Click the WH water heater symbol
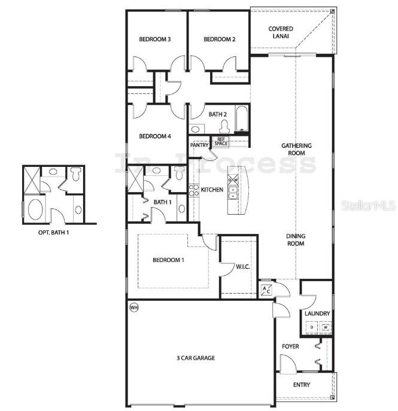pos(133,308)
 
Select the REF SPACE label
pos(222,142)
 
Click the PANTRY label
pos(199,145)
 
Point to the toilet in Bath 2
pos(224,126)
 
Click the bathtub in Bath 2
pos(241,118)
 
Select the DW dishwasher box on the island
pos(233,179)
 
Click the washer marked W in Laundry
pos(325,327)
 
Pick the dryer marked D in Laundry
pos(311,327)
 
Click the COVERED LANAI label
pos(280,32)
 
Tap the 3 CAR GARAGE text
pos(195,358)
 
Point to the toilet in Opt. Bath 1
pos(75,175)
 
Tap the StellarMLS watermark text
pos(368,205)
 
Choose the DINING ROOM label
pos(296,239)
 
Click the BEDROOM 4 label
pos(155,136)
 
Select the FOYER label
pos(290,346)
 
